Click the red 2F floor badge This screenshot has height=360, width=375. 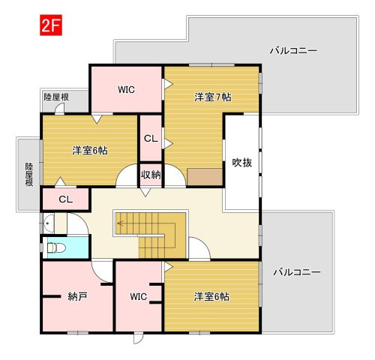click(51, 25)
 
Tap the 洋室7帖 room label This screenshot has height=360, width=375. click(213, 97)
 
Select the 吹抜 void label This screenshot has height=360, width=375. click(241, 163)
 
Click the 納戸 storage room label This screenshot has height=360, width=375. click(77, 296)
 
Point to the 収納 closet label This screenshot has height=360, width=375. click(151, 175)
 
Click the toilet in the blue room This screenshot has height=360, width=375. click(56, 248)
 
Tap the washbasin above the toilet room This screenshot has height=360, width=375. click(49, 223)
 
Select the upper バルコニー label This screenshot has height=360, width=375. click(293, 51)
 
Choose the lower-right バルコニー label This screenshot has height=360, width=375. click(297, 272)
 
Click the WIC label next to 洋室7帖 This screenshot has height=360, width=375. click(126, 89)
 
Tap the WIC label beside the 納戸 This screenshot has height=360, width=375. click(138, 297)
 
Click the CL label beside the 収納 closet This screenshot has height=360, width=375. click(151, 138)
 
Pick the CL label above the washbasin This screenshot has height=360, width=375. click(66, 199)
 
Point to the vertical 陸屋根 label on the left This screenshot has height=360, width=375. click(29, 175)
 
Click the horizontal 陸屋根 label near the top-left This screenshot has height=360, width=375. click(56, 97)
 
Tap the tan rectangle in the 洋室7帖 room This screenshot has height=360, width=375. click(205, 177)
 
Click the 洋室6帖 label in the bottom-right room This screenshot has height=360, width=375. click(211, 297)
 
